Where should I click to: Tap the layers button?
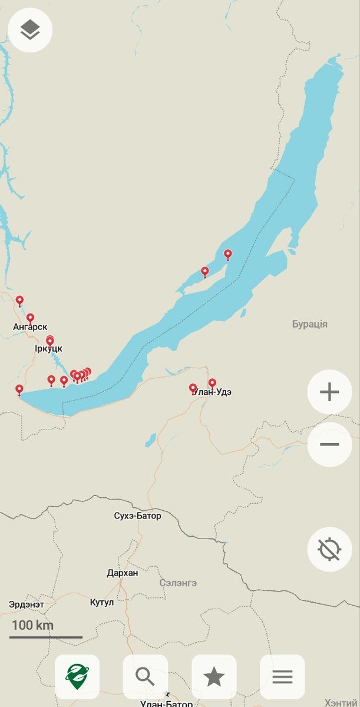30,30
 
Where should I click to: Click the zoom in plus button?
329,392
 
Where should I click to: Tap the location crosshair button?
329,549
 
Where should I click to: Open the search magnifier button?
145,677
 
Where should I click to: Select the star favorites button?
214,677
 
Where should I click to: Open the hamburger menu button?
282,677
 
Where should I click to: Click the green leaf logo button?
77,677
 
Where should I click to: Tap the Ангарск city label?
30,326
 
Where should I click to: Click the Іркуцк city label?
48,348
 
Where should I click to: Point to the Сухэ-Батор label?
137,516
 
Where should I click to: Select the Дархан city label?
123,573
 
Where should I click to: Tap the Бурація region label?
310,324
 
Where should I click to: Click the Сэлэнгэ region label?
178,583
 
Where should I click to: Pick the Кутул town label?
102,602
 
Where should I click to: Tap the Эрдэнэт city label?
27,604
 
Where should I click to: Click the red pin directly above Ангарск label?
30,318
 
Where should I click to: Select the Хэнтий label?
341,703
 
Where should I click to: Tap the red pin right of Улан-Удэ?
212,383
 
